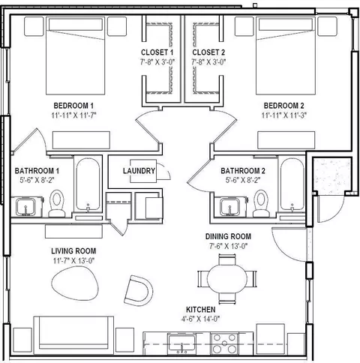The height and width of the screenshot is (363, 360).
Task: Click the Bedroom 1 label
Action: (x=73, y=106)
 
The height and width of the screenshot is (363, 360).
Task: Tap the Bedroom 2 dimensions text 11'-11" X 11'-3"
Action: (x=284, y=115)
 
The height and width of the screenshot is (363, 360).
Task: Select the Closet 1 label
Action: (x=157, y=52)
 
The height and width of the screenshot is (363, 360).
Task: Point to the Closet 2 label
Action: (x=208, y=52)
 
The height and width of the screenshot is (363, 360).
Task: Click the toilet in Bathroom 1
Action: (x=57, y=203)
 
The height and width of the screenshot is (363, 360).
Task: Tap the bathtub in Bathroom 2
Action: (x=292, y=184)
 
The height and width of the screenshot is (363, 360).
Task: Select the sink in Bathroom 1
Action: (x=25, y=207)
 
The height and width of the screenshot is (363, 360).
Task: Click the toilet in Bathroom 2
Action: (x=261, y=203)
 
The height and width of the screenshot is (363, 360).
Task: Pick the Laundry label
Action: (x=139, y=171)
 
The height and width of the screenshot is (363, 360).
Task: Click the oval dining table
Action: (x=227, y=279)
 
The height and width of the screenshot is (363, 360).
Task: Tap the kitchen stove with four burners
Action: (x=224, y=343)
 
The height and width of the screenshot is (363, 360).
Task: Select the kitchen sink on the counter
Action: (x=181, y=343)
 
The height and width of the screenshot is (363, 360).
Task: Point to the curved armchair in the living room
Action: (x=139, y=290)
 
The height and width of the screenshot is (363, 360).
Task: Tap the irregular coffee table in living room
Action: (x=75, y=283)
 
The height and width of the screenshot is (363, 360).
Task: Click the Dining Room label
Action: (x=228, y=236)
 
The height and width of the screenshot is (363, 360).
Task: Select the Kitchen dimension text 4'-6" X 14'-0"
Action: (x=200, y=319)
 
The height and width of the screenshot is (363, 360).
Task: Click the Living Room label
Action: (x=73, y=250)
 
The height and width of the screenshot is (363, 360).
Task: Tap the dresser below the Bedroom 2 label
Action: (x=286, y=140)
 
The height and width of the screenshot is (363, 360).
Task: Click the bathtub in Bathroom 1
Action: (x=88, y=184)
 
